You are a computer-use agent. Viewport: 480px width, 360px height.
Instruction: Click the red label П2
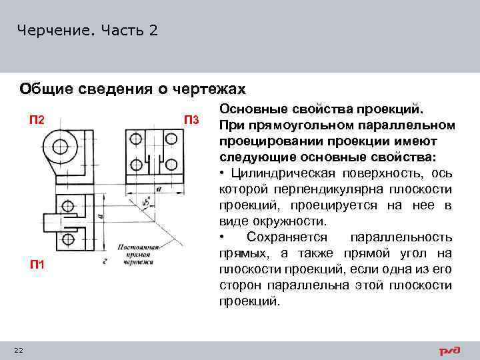click(36, 120)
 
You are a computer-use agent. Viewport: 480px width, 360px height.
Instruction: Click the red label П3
click(191, 121)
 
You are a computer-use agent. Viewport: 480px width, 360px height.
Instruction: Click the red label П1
click(36, 265)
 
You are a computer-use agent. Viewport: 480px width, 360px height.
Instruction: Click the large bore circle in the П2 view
click(61, 145)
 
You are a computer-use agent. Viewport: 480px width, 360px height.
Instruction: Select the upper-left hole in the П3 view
click(136, 139)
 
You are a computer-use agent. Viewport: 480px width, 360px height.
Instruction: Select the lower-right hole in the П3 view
click(173, 165)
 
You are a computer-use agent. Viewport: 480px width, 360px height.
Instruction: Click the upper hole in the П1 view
click(67, 206)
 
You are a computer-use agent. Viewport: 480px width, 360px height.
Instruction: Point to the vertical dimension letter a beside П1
click(99, 217)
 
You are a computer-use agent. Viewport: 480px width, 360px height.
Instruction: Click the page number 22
click(18, 351)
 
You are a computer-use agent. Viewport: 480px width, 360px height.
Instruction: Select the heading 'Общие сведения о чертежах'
click(133, 89)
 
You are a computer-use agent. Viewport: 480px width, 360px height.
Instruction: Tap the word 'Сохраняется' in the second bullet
click(287, 237)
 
